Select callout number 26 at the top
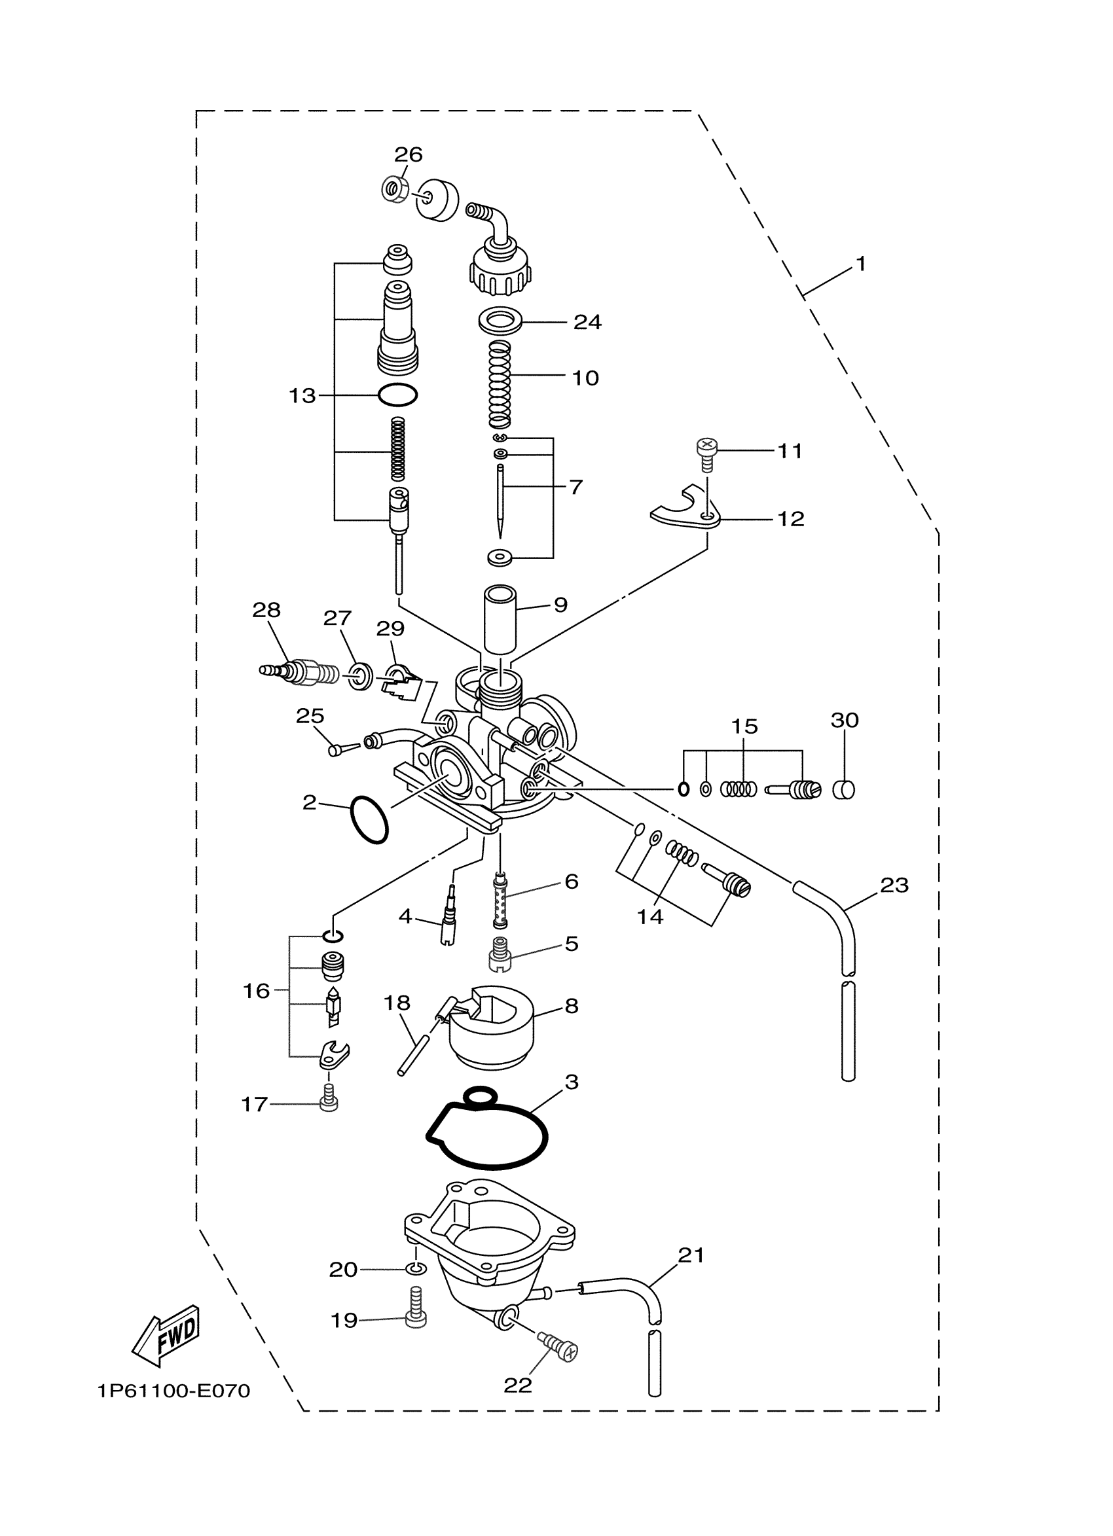409,154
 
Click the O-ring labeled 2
369,819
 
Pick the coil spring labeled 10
500,384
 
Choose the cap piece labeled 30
844,790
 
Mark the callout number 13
302,395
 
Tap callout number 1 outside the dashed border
860,264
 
